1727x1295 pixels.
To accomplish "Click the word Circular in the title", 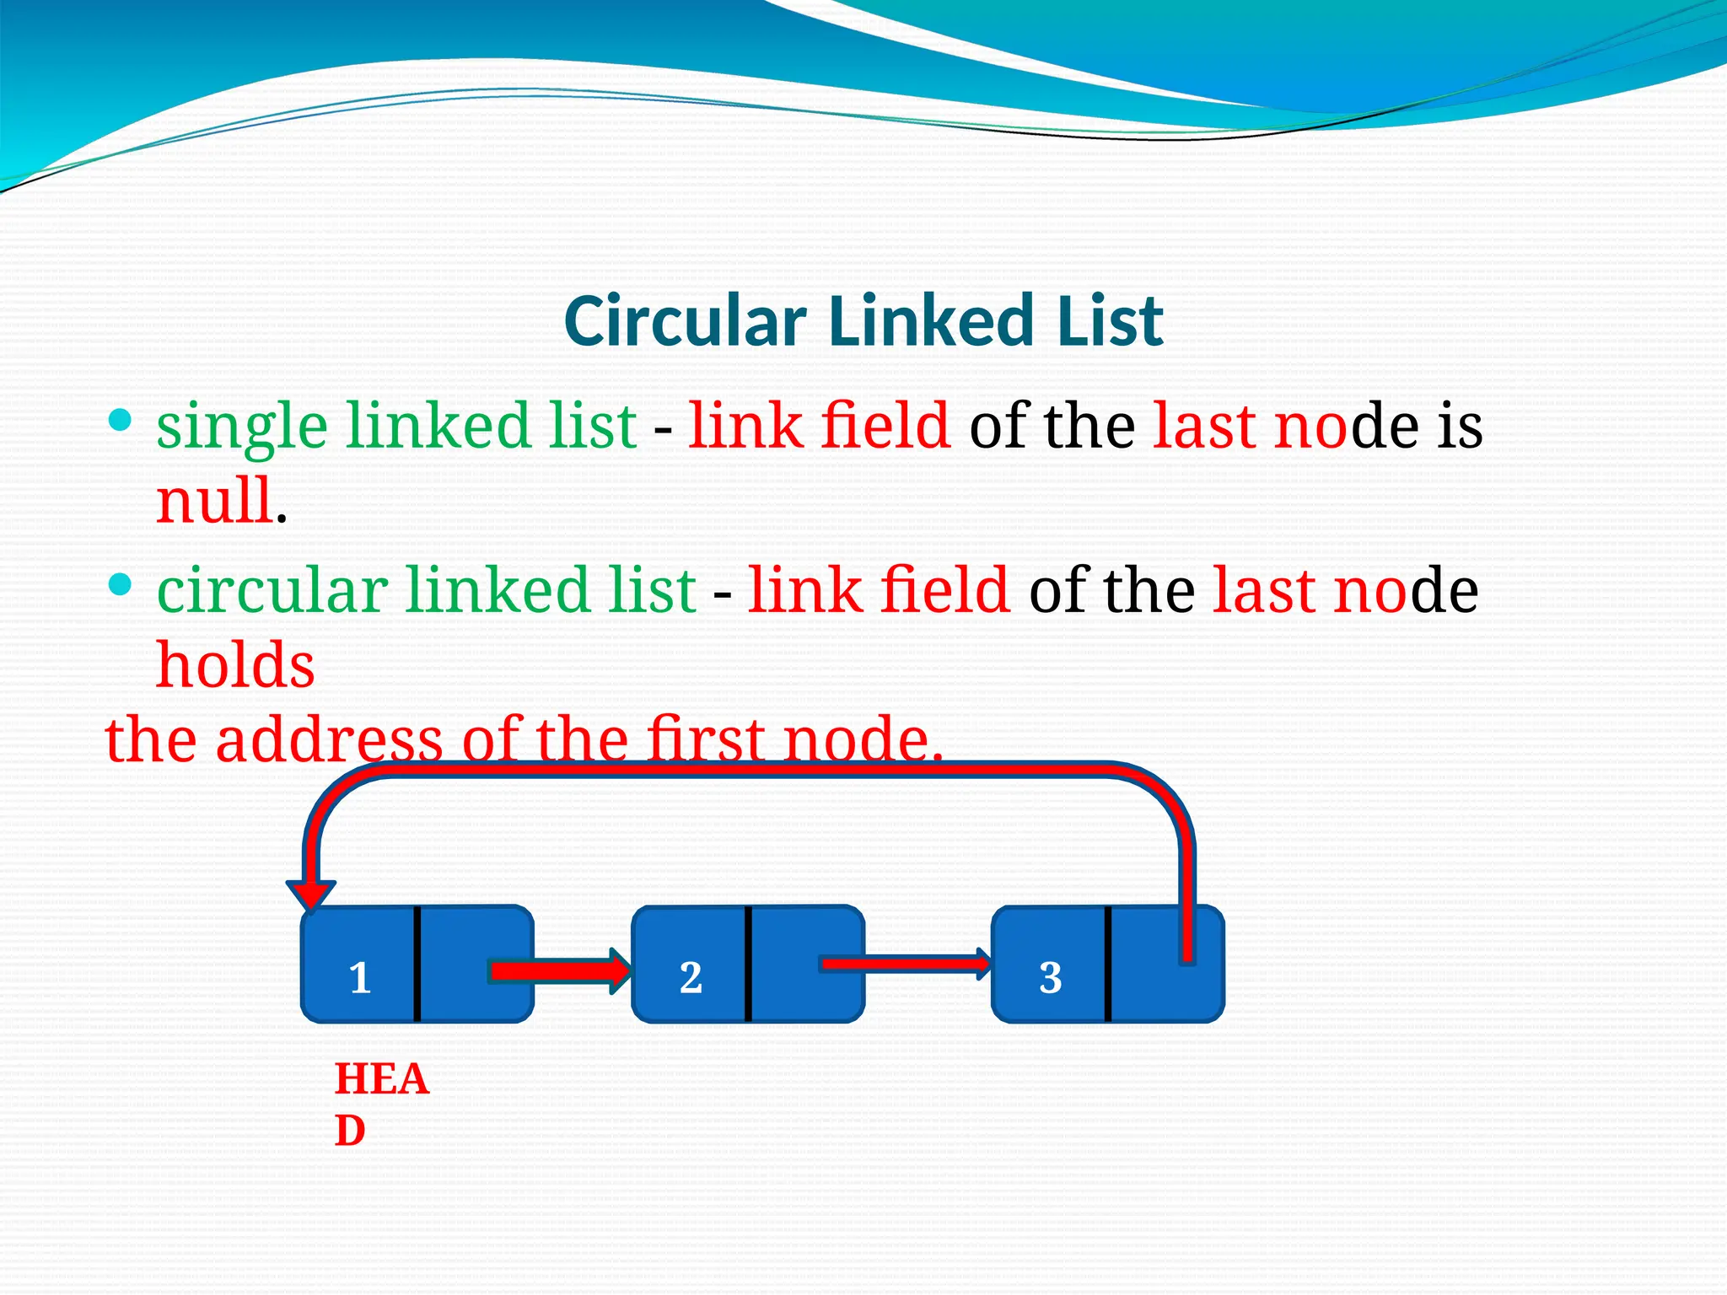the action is pyautogui.click(x=685, y=321).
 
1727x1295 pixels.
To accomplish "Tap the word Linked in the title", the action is pyautogui.click(x=931, y=321).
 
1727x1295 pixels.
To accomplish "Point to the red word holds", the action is pyautogui.click(x=235, y=666).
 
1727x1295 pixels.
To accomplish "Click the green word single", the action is pyautogui.click(x=241, y=427).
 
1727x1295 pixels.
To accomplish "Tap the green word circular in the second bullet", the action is pyautogui.click(x=272, y=590).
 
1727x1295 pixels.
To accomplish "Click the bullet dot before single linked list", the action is pyautogui.click(x=121, y=419).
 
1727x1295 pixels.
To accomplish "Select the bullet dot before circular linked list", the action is pyautogui.click(x=121, y=583).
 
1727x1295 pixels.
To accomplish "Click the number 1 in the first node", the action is pyautogui.click(x=360, y=978).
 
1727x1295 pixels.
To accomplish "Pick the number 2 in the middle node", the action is pyautogui.click(x=691, y=978).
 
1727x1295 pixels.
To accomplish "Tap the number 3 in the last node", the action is pyautogui.click(x=1050, y=978).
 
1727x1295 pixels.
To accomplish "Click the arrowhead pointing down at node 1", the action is pyautogui.click(x=311, y=895).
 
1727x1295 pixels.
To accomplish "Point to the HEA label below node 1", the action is pyautogui.click(x=382, y=1080).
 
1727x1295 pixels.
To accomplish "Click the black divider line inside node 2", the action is pyautogui.click(x=748, y=964).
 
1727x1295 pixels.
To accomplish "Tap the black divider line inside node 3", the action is pyautogui.click(x=1107, y=964).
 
